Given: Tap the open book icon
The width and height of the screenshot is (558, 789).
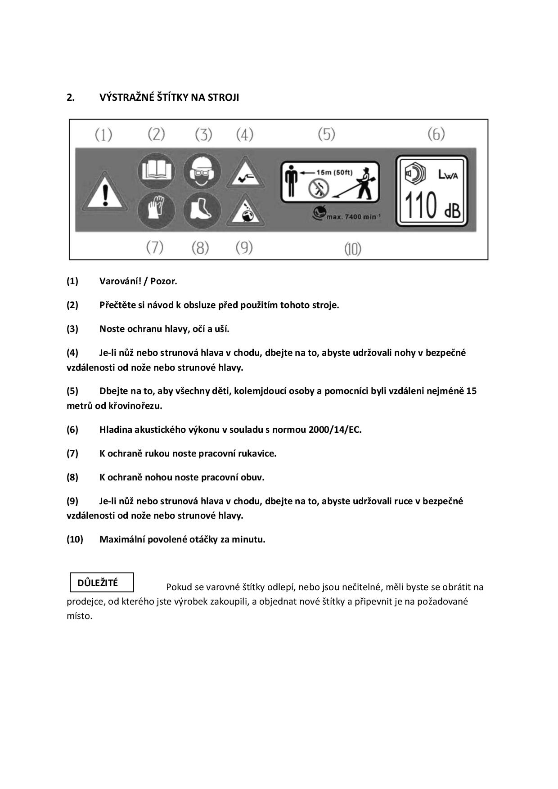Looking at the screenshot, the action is pos(156,171).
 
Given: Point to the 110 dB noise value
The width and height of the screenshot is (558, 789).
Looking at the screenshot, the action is pos(433,205).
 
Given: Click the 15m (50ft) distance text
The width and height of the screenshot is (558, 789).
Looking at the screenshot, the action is pos(334,172).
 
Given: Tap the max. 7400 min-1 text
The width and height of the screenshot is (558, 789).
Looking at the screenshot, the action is pos(353,217).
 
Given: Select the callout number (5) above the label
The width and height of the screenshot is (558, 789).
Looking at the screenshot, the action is pos(327,134).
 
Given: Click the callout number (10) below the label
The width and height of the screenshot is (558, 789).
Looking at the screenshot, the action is pos(353,249).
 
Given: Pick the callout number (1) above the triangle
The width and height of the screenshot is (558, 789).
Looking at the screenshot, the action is pos(103,134).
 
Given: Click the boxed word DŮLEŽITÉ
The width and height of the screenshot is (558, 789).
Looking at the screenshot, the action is pos(98,583).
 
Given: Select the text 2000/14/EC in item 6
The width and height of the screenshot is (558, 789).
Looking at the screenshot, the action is pos(334,430).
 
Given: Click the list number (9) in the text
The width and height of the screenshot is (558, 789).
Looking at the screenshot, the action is pos(72,501).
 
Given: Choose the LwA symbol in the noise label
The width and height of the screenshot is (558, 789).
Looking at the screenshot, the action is pos(448,175).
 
